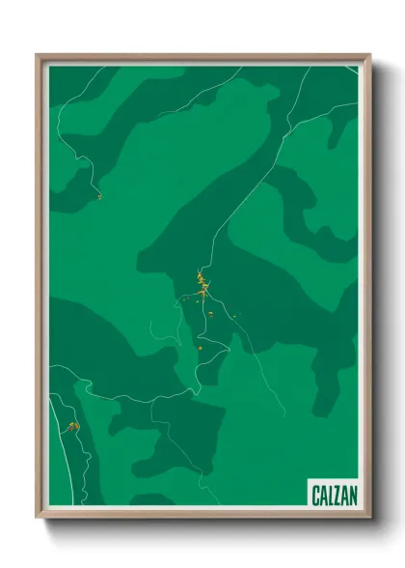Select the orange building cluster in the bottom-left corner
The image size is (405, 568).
[71, 425]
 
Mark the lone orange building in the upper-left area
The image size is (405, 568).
[98, 196]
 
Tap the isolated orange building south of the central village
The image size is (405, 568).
[200, 347]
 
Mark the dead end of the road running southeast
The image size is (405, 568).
[285, 414]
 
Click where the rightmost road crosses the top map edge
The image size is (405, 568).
[310, 66]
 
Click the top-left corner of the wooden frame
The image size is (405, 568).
[38, 55]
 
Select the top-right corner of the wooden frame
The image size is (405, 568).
[370, 55]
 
